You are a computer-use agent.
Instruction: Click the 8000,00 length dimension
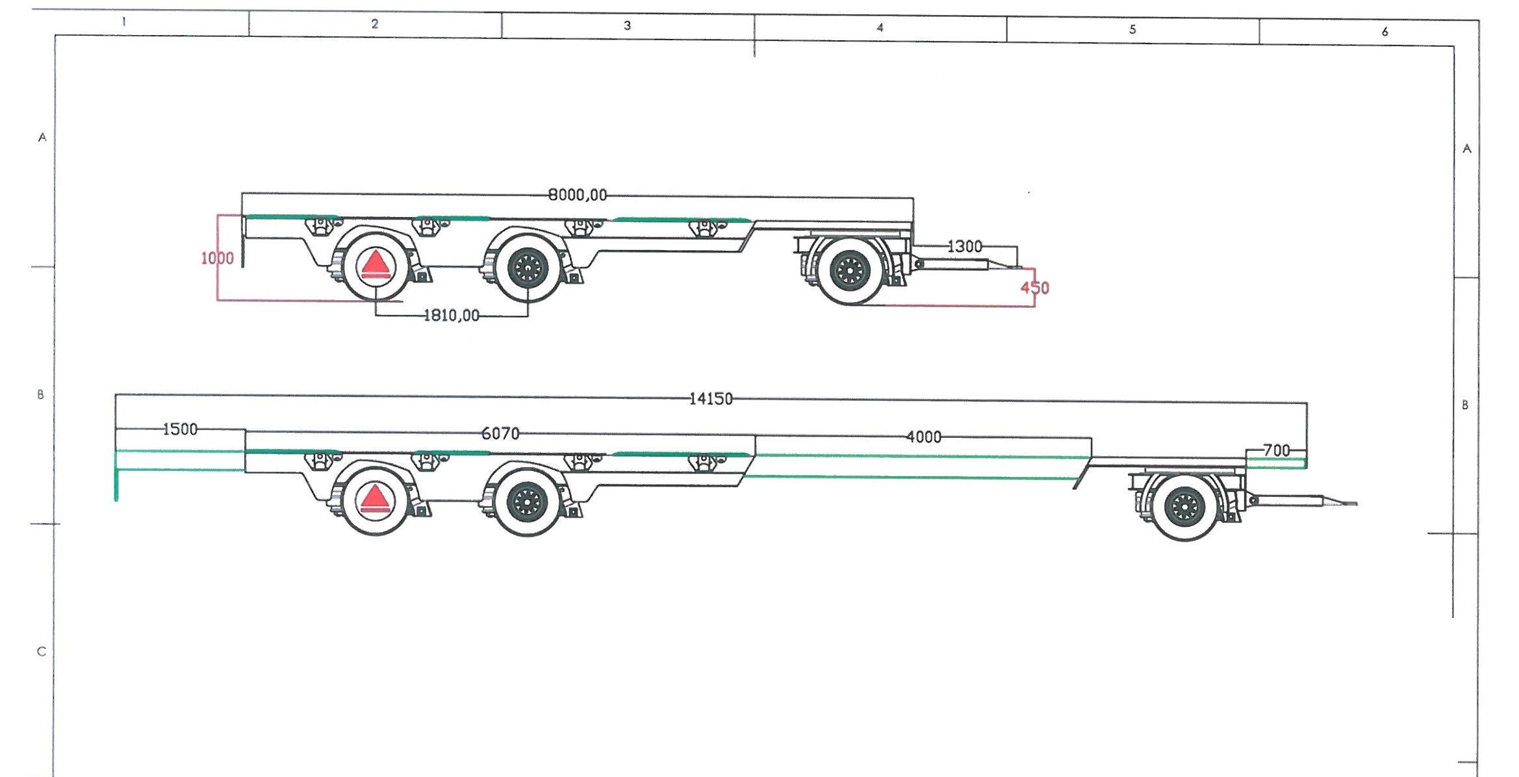click(578, 195)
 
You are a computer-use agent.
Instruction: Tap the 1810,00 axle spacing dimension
click(452, 316)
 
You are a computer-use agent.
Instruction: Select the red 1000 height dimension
click(217, 259)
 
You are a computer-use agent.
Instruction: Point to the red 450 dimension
click(1035, 288)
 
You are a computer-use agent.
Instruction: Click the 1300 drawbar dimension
click(965, 247)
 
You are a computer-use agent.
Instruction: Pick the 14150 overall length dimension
click(711, 399)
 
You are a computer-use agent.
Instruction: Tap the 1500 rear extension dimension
click(180, 429)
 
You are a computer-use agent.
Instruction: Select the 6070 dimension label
click(500, 433)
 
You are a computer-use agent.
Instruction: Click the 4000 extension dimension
click(924, 437)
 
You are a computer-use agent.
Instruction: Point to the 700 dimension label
click(1277, 450)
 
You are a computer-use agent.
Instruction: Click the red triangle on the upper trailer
click(375, 264)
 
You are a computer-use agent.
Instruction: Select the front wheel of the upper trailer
click(850, 271)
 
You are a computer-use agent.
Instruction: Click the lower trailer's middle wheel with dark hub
click(527, 502)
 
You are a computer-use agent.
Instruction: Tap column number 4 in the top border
click(880, 27)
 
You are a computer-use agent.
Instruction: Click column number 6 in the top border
click(1385, 31)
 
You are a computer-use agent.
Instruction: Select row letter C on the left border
click(42, 652)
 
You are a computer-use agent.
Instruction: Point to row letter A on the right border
click(1467, 149)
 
